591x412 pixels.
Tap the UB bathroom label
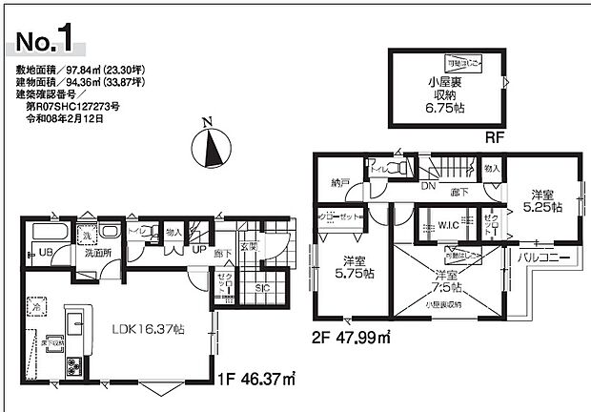pos(44,253)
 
